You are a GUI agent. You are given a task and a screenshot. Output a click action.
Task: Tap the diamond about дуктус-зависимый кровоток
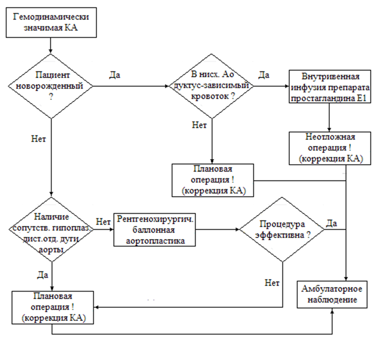[x=212, y=86]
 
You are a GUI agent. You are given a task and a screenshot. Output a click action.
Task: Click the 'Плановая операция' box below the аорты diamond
[x=52, y=307]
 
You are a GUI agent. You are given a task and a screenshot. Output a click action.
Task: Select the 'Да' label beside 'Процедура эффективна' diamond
[x=332, y=223]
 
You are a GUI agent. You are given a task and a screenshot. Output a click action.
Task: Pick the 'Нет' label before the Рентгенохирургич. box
[x=102, y=221]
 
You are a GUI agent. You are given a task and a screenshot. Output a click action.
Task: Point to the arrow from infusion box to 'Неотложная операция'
[x=329, y=119]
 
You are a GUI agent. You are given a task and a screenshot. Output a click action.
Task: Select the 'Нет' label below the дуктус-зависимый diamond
[x=199, y=125]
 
